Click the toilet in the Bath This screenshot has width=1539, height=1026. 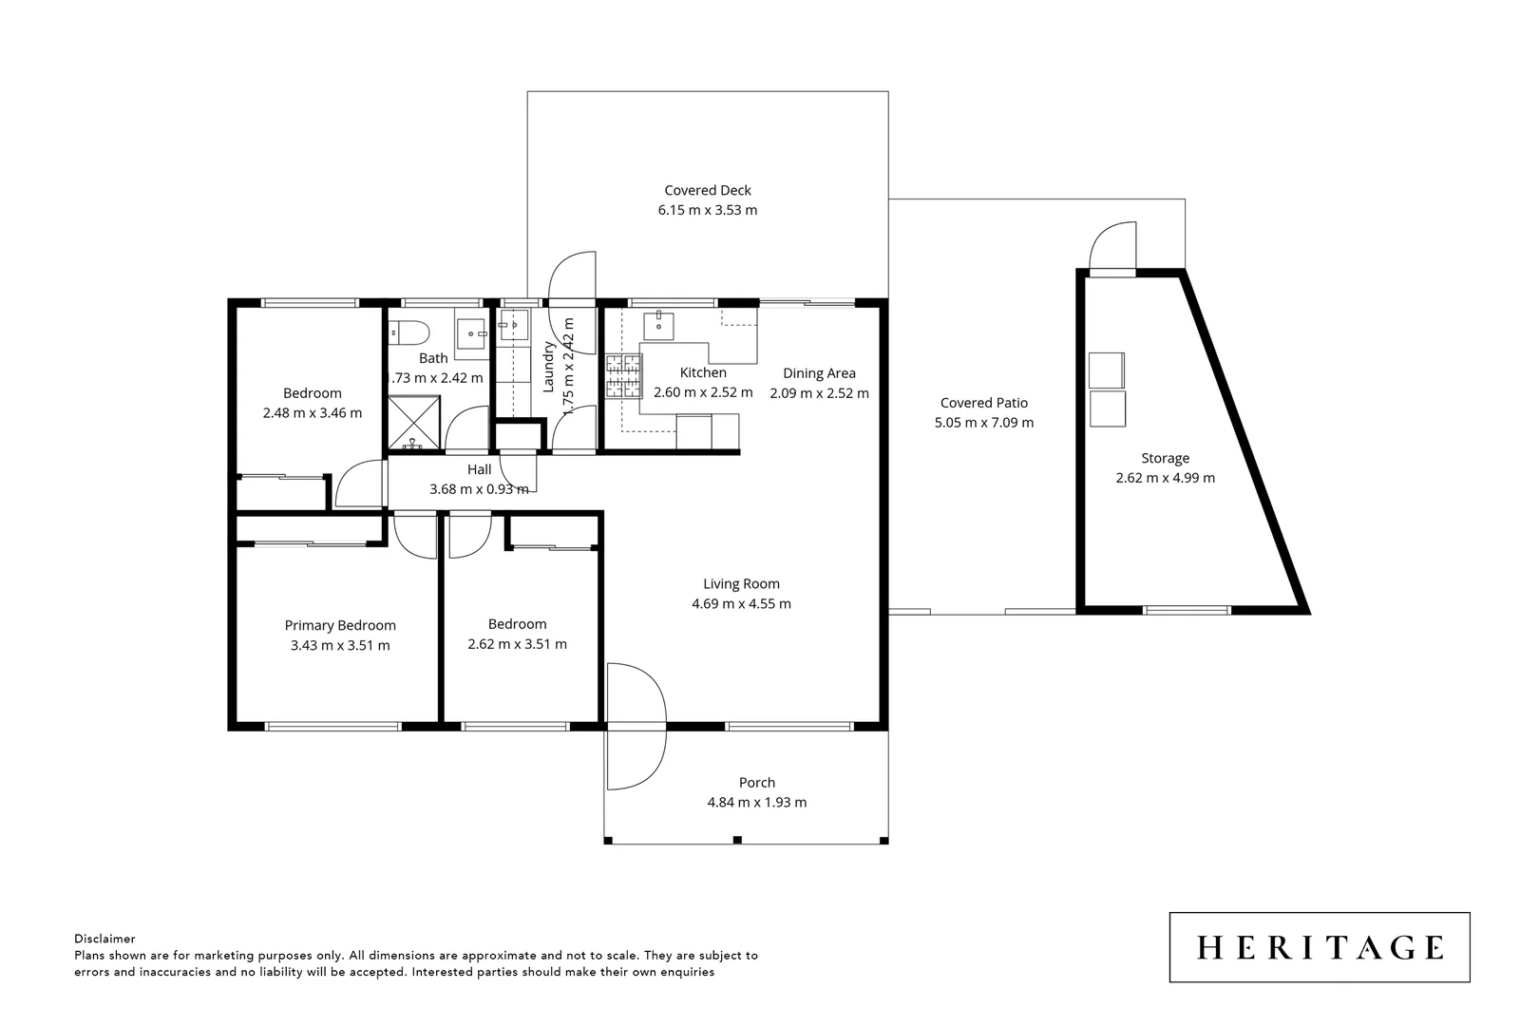pos(410,332)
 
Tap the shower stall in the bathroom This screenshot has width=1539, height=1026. pos(414,423)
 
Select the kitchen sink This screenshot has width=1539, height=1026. pos(659,325)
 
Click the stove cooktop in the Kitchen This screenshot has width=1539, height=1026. pos(624,375)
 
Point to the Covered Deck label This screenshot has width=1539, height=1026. pos(707,190)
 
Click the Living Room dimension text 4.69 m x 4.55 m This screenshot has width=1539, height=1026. pos(741,603)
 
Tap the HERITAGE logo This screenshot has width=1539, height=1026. pos(1319,947)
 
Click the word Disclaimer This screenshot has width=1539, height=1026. pos(104,939)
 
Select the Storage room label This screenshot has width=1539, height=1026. pos(1165,458)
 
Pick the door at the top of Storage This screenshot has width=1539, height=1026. pos(1112,247)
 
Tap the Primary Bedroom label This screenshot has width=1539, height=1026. pos(340,625)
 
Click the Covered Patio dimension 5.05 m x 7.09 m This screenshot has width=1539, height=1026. pos(983,423)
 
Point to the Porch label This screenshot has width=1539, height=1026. pos(756,783)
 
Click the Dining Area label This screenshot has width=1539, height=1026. pos(819,373)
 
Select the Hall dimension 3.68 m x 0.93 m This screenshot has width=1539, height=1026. pos(479,489)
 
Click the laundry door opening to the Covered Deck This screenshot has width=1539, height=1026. pos(572,276)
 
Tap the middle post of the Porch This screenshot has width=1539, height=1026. pos(737,840)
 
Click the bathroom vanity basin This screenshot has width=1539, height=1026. pos(472,332)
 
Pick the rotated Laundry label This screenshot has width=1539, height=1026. pos(548,368)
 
